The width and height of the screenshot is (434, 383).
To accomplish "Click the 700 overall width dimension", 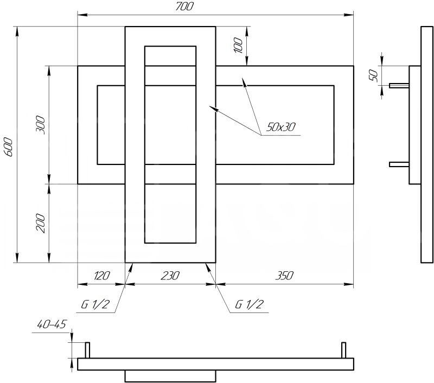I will click(x=185, y=7).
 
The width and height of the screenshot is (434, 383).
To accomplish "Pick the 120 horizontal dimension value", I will click(x=101, y=276).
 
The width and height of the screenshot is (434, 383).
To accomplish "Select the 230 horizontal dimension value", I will click(x=170, y=276).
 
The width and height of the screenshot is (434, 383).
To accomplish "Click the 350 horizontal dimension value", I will click(x=284, y=276).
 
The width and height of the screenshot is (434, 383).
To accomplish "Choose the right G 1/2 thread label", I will click(x=249, y=304).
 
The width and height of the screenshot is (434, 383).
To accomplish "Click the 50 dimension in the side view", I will click(x=373, y=75).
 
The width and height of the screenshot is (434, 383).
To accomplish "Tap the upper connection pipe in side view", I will click(x=399, y=85).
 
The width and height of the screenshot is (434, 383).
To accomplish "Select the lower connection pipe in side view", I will click(x=399, y=164).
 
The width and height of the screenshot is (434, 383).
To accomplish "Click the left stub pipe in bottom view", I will click(x=87, y=350).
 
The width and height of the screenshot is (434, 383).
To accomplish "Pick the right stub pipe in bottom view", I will click(x=343, y=350).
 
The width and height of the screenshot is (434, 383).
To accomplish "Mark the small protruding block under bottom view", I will click(x=170, y=375).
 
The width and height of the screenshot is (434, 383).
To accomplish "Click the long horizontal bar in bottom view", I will click(x=215, y=364).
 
